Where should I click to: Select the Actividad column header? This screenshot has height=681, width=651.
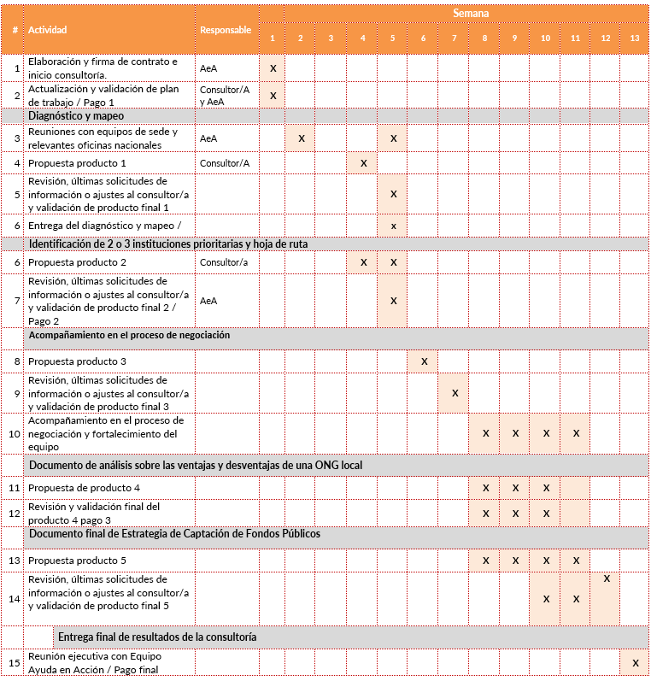(47, 30)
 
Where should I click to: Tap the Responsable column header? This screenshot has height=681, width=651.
(226, 30)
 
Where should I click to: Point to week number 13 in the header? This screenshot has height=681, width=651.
(634, 38)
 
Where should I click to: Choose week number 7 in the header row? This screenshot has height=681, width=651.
(455, 38)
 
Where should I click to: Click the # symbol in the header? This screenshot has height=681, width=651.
(15, 30)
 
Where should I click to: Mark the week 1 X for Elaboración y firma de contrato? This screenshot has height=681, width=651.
(273, 68)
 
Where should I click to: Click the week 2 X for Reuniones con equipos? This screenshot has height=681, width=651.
(302, 138)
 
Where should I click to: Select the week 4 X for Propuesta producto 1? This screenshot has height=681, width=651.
(363, 162)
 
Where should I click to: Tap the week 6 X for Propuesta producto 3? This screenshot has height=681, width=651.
(424, 361)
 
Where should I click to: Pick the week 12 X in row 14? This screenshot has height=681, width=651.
(606, 579)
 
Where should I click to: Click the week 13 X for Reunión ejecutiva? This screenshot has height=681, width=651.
(634, 662)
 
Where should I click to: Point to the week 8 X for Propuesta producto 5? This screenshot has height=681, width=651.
(485, 561)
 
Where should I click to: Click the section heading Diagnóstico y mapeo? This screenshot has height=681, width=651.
(76, 115)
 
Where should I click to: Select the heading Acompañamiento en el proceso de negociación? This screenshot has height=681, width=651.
(129, 336)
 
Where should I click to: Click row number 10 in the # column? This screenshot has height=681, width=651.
(14, 433)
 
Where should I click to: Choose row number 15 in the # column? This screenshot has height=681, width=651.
(14, 662)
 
